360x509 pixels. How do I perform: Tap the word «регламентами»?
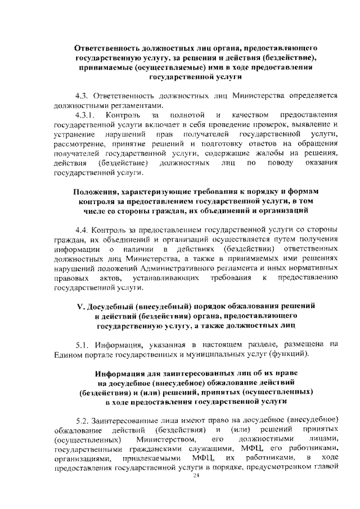[135, 105]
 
